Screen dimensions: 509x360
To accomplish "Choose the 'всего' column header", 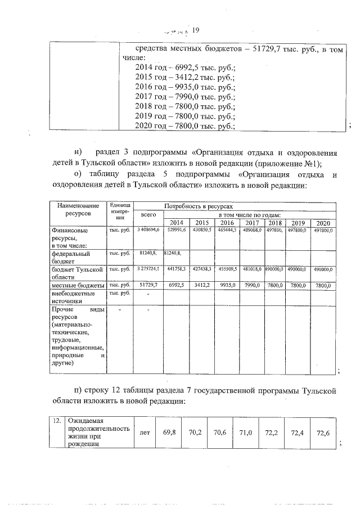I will pos(148,215).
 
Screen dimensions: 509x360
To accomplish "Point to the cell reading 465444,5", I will pos(227,230).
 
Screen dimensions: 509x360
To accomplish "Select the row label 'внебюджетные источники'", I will pos(73,297).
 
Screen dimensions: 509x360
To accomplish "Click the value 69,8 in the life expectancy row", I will pos(169,432).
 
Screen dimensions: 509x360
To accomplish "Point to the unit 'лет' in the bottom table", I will pos(142,432).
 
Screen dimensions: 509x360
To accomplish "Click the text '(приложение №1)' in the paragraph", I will pos(285,163).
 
